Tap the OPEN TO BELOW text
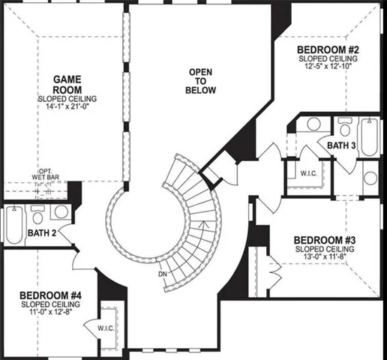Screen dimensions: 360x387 pyautogui.click(x=200, y=82)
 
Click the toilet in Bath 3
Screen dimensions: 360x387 pyautogui.click(x=344, y=126)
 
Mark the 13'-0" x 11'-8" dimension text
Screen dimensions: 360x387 pyautogui.click(x=324, y=256)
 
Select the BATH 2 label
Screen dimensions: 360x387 pyautogui.click(x=43, y=233)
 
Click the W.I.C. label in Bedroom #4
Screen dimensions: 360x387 pyautogui.click(x=105, y=328)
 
